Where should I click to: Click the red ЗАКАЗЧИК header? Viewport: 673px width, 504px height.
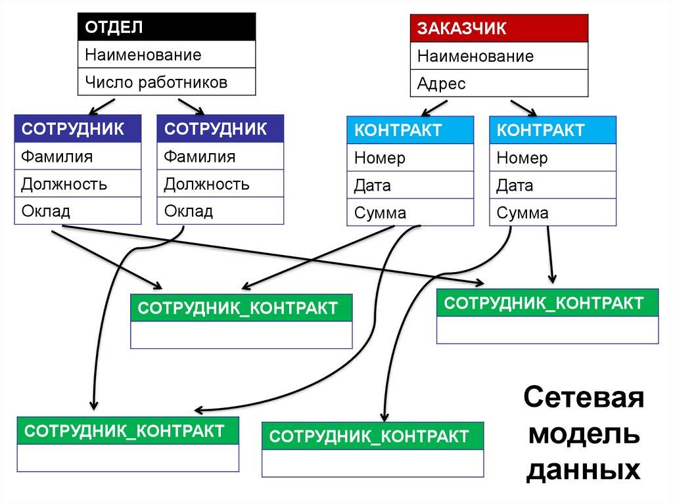pyautogui.click(x=499, y=29)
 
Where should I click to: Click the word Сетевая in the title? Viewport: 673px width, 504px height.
pyautogui.click(x=584, y=399)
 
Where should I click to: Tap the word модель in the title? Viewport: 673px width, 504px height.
pyautogui.click(x=584, y=434)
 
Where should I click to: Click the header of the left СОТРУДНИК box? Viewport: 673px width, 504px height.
pyautogui.click(x=78, y=129)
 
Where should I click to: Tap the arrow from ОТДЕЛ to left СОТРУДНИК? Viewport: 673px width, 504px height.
pyautogui.click(x=102, y=105)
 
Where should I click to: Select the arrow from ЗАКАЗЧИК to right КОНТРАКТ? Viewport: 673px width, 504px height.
pyautogui.click(x=523, y=107)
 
